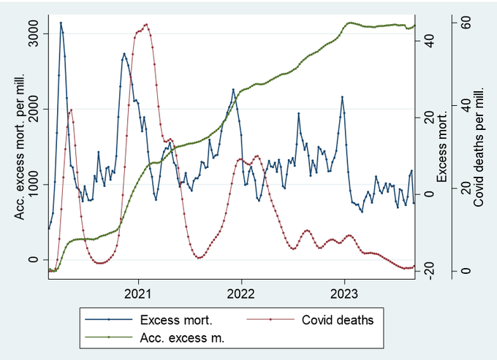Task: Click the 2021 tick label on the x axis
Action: click(138, 294)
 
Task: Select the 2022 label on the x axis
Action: click(241, 294)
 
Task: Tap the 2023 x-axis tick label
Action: click(344, 294)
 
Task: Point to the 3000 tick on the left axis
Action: click(34, 34)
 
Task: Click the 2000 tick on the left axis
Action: click(34, 109)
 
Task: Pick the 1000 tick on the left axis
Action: click(34, 184)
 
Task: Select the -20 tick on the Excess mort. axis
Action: click(429, 271)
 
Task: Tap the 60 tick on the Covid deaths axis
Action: click(466, 23)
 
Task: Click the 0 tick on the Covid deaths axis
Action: click(466, 271)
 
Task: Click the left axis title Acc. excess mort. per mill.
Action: click(20, 147)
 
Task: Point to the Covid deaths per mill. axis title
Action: click(478, 147)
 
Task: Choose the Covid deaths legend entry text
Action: click(338, 320)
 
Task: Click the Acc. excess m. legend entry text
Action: click(182, 338)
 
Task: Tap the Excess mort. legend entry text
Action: click(176, 320)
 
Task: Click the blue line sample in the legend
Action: click(109, 320)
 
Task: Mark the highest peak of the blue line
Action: click(61, 23)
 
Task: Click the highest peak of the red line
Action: click(146, 24)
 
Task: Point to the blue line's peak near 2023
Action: click(342, 97)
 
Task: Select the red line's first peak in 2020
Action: click(72, 110)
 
